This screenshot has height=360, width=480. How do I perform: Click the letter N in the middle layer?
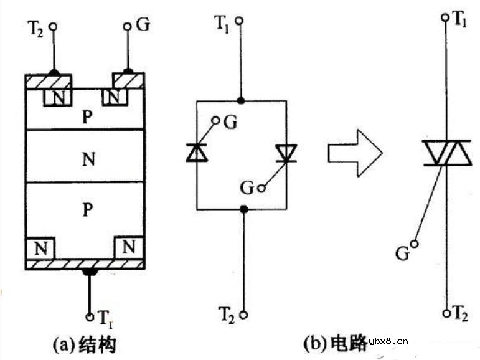[88, 159]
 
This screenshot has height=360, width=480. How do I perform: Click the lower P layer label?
[87, 211]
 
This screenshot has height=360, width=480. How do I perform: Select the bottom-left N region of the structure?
[40, 247]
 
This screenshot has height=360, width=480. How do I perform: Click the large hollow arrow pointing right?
[354, 152]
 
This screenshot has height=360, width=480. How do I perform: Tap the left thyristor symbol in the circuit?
[196, 152]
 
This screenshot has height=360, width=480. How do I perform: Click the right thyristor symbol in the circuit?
[286, 153]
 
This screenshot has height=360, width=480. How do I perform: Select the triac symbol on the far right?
[446, 153]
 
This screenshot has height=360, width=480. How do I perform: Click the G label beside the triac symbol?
[403, 253]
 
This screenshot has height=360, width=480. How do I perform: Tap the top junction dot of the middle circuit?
[242, 100]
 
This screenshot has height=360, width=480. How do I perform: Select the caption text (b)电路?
[334, 343]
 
